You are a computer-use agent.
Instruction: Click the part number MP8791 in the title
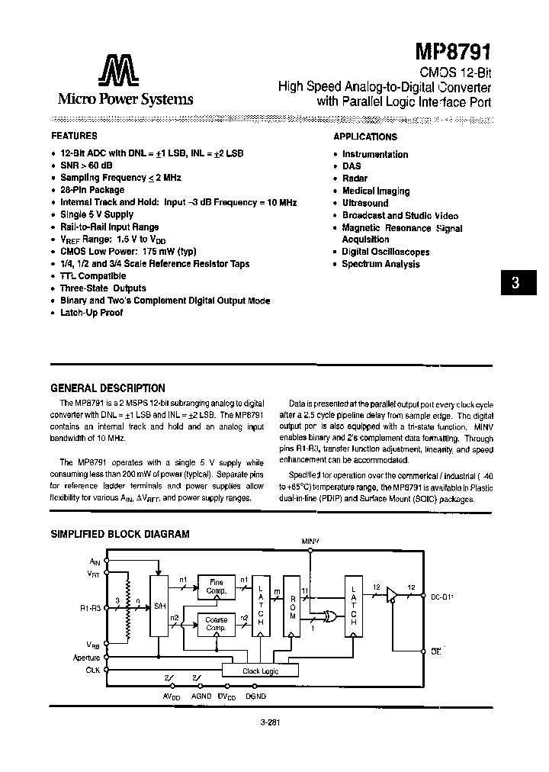(x=454, y=52)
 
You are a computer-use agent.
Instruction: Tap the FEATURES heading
(x=74, y=136)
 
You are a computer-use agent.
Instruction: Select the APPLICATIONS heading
(x=365, y=137)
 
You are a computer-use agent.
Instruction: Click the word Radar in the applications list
(x=355, y=179)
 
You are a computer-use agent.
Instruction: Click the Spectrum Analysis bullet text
(x=380, y=264)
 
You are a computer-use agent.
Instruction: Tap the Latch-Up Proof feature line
(x=91, y=313)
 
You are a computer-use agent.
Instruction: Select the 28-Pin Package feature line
(x=92, y=190)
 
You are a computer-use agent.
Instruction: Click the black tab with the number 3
(x=515, y=282)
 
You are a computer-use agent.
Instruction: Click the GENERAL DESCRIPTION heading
(x=108, y=388)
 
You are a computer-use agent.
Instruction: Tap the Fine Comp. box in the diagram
(x=217, y=587)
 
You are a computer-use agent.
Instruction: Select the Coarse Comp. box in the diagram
(x=217, y=623)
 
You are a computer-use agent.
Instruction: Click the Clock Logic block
(x=261, y=671)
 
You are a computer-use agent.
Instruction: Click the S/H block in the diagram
(x=159, y=606)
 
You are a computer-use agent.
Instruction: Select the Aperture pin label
(x=87, y=657)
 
